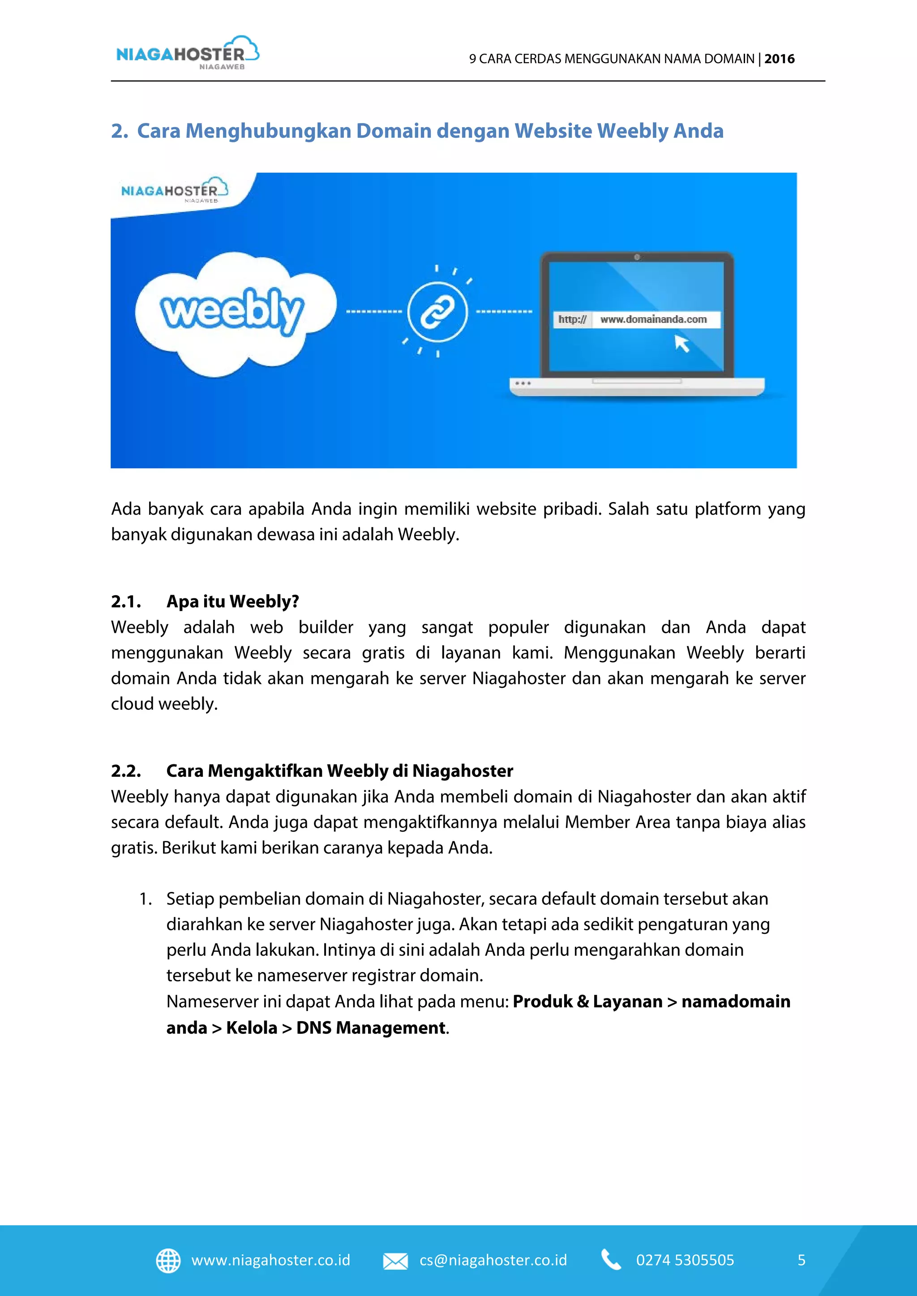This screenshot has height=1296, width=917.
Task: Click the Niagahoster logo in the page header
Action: pos(187,53)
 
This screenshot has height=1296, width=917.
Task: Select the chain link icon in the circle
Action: pos(437,311)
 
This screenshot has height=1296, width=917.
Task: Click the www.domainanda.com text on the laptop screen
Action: pos(653,320)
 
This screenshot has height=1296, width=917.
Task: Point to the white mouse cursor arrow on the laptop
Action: pos(681,343)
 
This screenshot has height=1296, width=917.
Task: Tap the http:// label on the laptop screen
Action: pos(572,320)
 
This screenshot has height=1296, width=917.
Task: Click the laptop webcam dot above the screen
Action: pos(637,257)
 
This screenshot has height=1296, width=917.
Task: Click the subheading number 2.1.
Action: pos(126,602)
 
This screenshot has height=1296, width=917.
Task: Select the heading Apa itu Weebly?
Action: pos(233,602)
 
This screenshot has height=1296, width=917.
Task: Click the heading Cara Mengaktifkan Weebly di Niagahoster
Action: pos(339,771)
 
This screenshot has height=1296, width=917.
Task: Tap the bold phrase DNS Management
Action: pos(371,1028)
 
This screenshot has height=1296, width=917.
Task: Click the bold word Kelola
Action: pos(251,1028)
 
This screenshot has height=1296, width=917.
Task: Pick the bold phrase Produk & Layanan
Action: pos(587,1002)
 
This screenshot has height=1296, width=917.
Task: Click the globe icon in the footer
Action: pos(168,1261)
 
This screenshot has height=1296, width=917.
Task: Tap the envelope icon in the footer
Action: pos(395,1261)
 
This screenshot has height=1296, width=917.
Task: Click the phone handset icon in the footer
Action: pos(610,1260)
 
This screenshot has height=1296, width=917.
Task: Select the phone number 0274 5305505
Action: pos(685,1261)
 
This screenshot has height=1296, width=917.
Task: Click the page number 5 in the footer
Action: pos(801,1261)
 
